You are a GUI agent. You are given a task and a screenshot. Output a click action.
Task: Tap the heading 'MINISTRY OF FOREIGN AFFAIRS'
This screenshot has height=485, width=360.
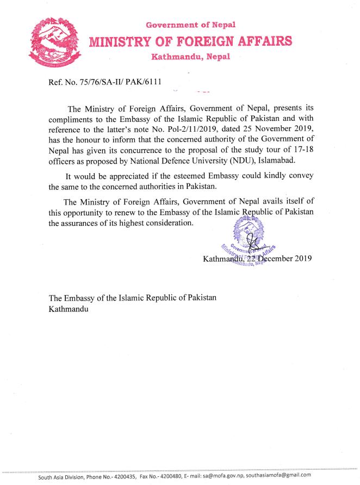tap(190, 41)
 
